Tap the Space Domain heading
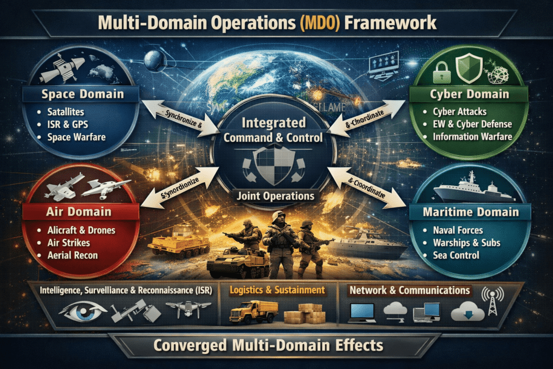coord(83,95)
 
